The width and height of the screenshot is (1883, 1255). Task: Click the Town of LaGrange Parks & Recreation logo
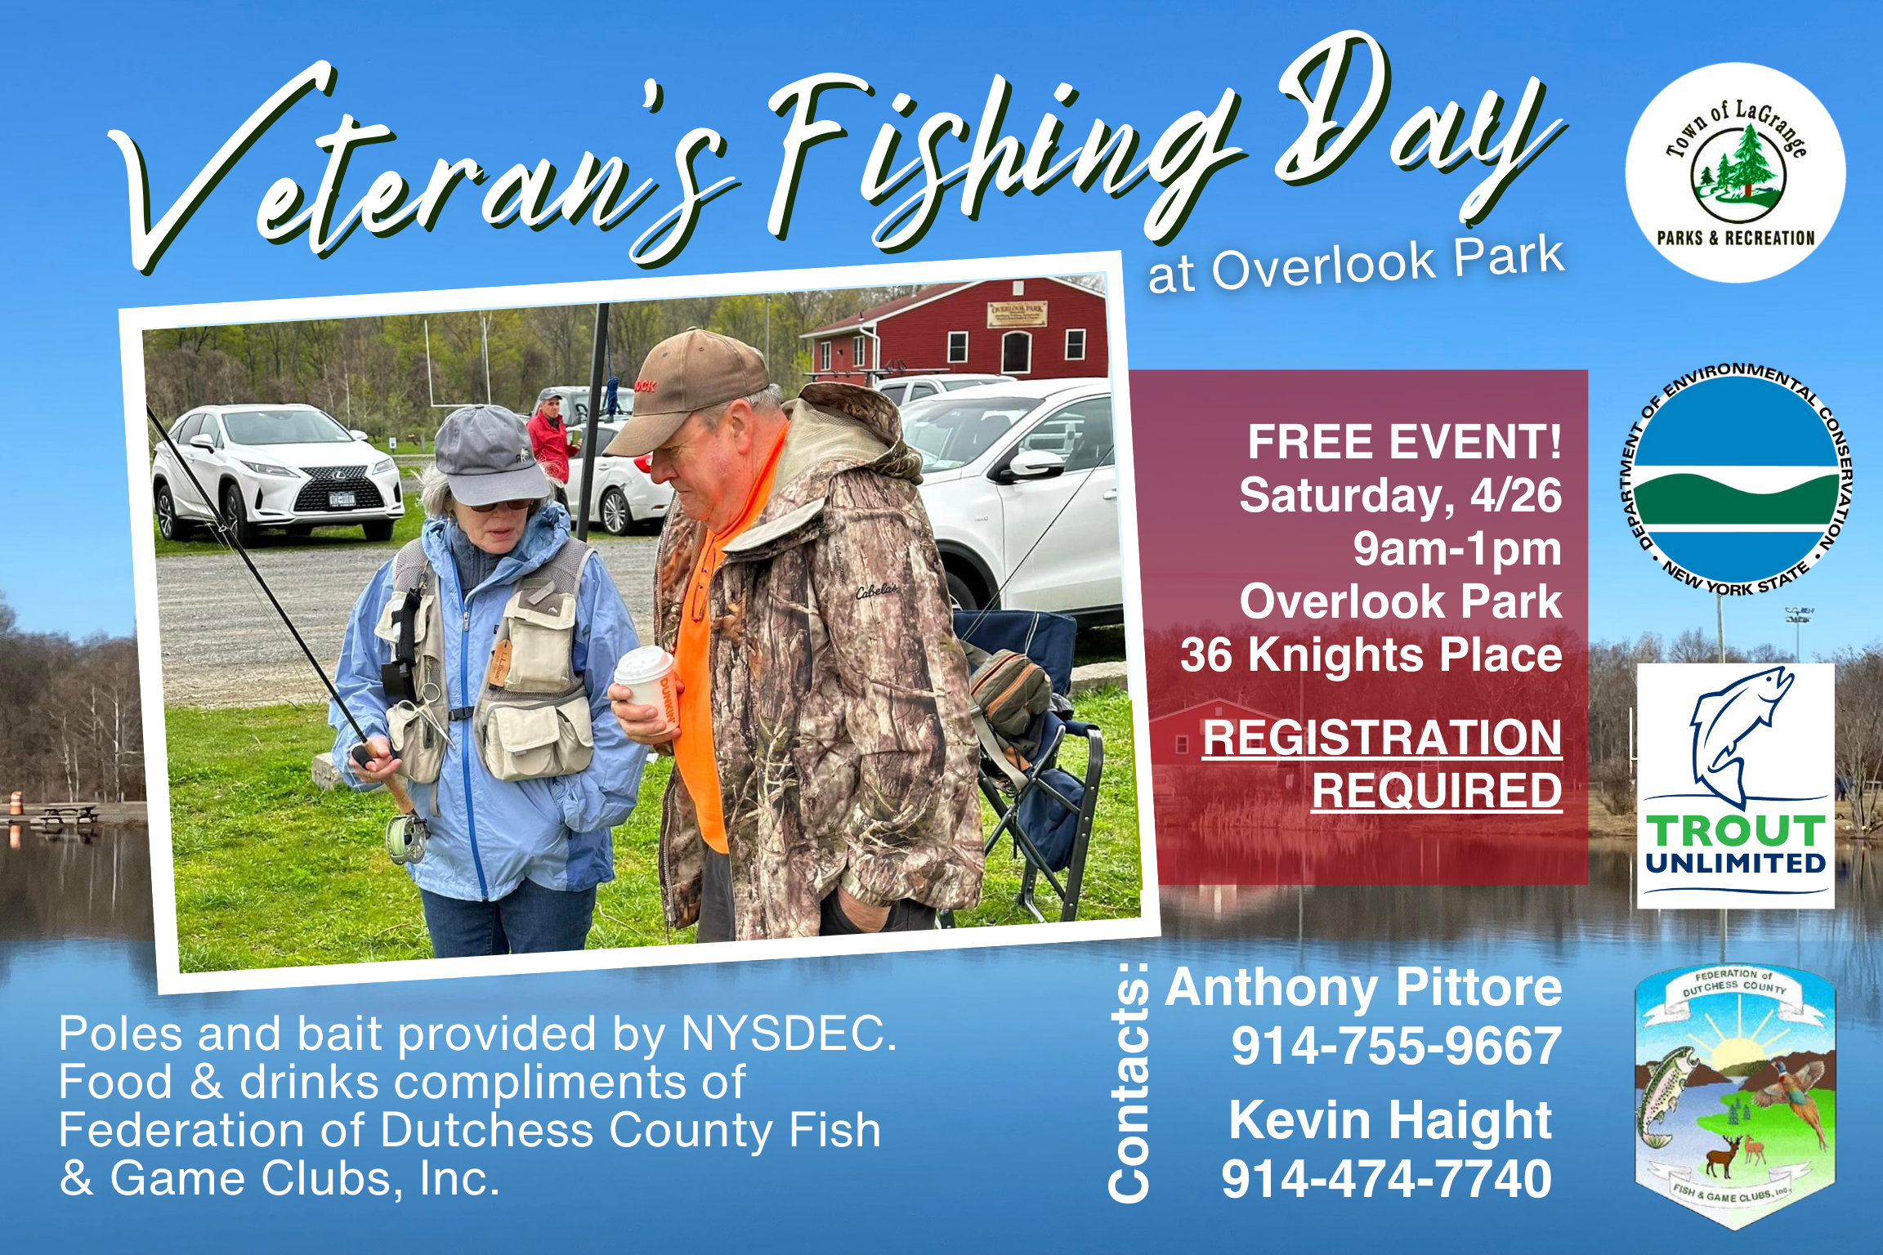[1735, 172]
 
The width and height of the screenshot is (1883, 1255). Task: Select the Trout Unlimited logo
[1736, 785]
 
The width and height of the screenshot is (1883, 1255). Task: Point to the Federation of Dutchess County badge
[1735, 1095]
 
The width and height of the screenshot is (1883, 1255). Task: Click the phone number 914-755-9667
[1396, 1046]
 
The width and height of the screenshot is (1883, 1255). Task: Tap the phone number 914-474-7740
[1386, 1178]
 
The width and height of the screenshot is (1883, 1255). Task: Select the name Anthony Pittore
[1363, 989]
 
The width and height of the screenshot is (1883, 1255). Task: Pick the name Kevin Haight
[1390, 1119]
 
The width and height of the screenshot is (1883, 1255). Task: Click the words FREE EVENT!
[1404, 442]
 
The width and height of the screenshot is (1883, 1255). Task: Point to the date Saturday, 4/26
[1400, 496]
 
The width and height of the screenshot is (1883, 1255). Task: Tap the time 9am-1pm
[1457, 549]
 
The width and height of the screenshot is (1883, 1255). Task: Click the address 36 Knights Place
[1371, 654]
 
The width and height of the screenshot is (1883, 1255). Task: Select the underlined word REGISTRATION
[1382, 738]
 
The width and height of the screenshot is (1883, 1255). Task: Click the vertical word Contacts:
[1129, 1083]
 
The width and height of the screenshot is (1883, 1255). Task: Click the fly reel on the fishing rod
[408, 838]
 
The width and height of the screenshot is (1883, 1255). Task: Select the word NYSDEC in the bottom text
[789, 1033]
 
